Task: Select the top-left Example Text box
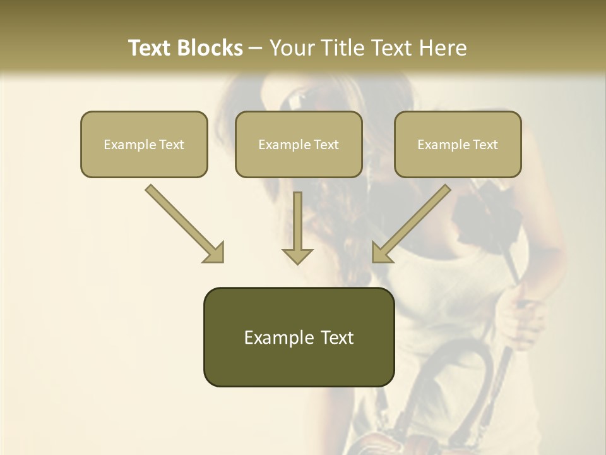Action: point(144,144)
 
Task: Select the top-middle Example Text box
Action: point(299,144)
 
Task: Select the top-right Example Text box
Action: point(458,144)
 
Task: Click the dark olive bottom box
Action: point(299,337)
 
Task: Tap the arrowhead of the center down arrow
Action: point(297,255)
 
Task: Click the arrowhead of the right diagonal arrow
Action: point(381,253)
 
